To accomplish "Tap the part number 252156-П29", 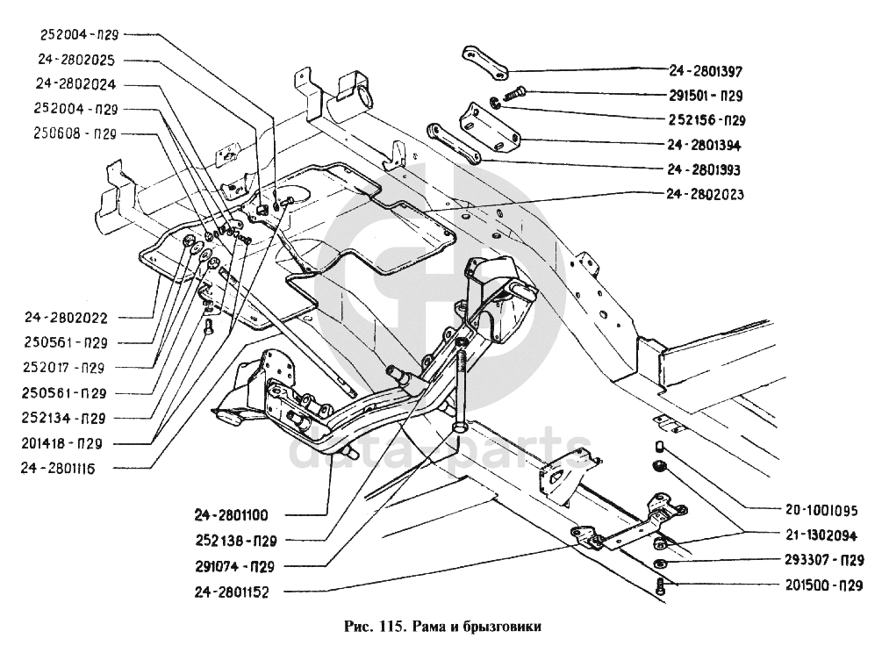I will (x=699, y=119).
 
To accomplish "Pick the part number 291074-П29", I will (x=232, y=566).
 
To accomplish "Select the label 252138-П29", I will (x=232, y=541).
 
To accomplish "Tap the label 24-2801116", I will (x=62, y=469).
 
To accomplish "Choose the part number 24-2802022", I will (x=62, y=316).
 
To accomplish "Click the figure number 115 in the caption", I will (x=391, y=627).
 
